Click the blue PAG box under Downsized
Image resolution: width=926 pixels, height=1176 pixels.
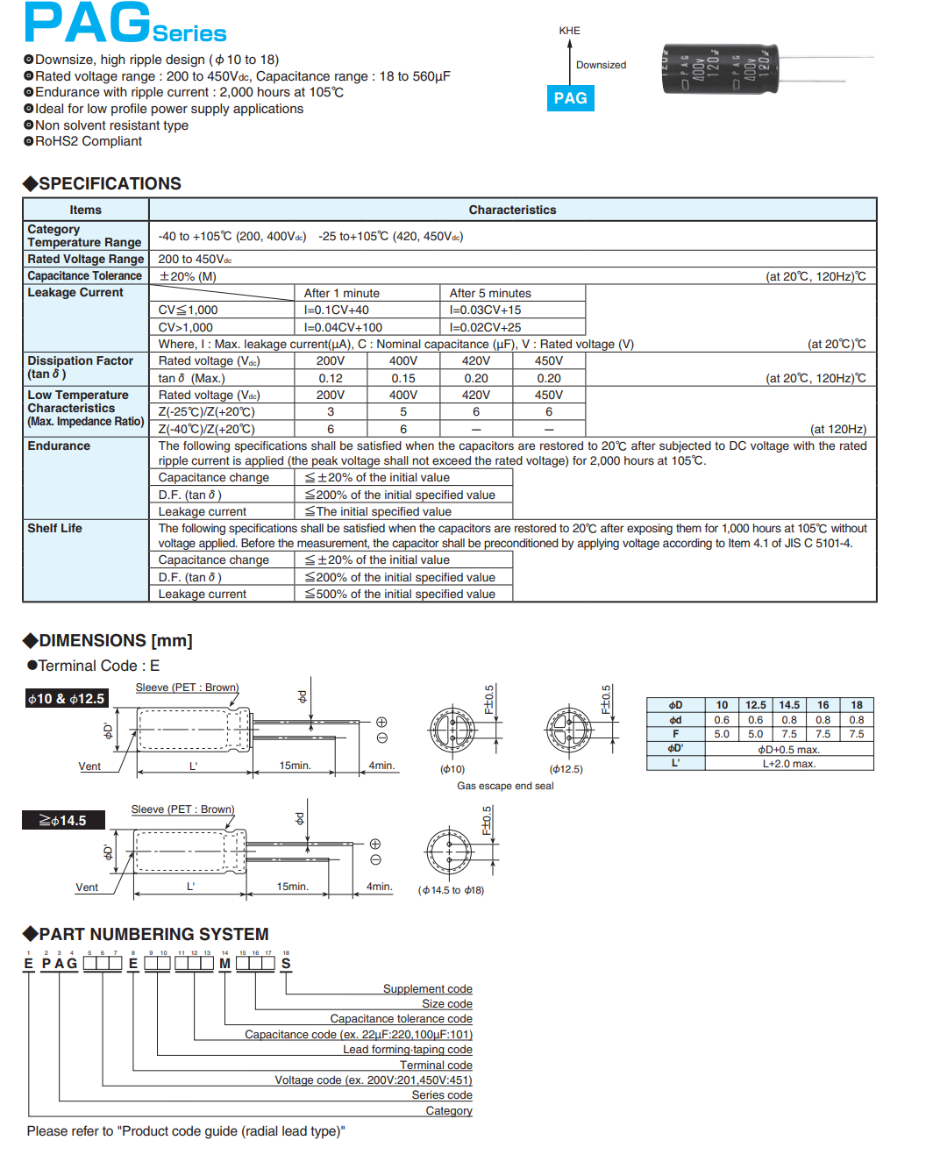tap(570, 98)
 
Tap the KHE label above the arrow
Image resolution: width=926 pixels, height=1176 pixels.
tap(569, 31)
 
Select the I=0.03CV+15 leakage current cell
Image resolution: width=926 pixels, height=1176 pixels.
tap(485, 310)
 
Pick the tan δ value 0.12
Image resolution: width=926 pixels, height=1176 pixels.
tap(331, 378)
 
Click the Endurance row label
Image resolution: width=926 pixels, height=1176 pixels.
tap(59, 445)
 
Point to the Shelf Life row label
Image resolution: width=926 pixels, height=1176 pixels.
tap(54, 528)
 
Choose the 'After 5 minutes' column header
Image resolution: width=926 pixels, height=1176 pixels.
tap(490, 293)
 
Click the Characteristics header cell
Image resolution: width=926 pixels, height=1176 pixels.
tap(512, 210)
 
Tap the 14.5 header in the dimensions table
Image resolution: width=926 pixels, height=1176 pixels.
tap(789, 705)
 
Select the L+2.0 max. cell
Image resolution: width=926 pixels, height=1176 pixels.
tap(789, 764)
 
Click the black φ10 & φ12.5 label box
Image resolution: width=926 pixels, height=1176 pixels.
tap(67, 699)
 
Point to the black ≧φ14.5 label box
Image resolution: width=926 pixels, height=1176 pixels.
tap(63, 821)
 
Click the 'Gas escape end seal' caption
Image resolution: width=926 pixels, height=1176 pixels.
tap(505, 786)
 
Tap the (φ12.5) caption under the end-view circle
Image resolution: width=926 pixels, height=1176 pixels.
tap(566, 769)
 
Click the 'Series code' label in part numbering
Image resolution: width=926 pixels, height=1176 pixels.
tap(442, 1095)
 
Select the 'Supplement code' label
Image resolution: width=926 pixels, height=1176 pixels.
tap(427, 989)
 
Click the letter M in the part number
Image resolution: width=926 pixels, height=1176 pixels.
tap(225, 963)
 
